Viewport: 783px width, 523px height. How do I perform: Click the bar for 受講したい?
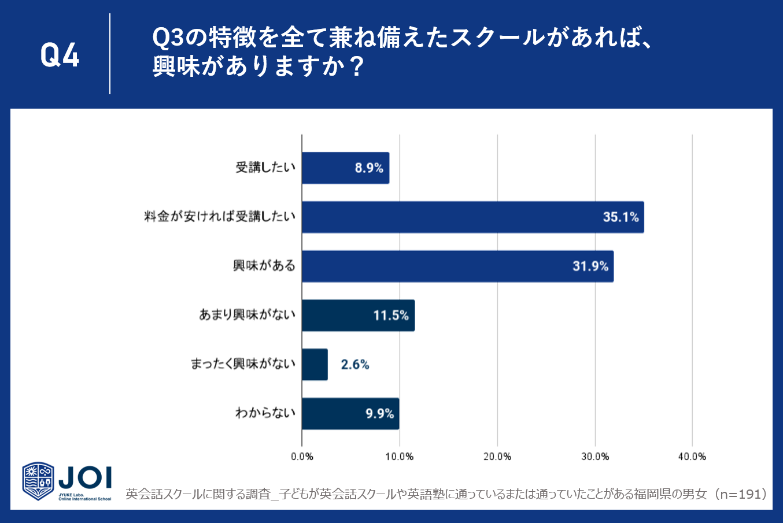pyautogui.click(x=346, y=168)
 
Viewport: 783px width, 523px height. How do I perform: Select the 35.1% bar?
pyautogui.click(x=473, y=217)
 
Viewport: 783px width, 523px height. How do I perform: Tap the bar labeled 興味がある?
pyautogui.click(x=457, y=266)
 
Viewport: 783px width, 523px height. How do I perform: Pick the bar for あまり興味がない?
pyautogui.click(x=359, y=315)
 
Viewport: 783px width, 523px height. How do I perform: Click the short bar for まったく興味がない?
pyautogui.click(x=315, y=365)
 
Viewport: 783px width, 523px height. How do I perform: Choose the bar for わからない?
pyautogui.click(x=350, y=414)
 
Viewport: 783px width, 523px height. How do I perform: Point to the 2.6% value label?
pyautogui.click(x=355, y=365)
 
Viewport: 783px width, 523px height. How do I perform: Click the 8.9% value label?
pyautogui.click(x=369, y=168)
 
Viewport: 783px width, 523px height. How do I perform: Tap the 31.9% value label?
pyautogui.click(x=590, y=266)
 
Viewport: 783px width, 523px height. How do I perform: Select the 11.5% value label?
pyautogui.click(x=391, y=316)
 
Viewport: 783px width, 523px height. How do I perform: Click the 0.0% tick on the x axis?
pyautogui.click(x=302, y=457)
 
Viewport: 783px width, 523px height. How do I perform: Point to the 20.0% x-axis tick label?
pyautogui.click(x=497, y=457)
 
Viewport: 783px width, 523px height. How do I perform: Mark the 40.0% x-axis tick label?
pyautogui.click(x=692, y=457)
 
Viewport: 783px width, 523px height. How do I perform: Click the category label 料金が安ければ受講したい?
pyautogui.click(x=220, y=217)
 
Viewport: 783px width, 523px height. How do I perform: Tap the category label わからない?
pyautogui.click(x=265, y=413)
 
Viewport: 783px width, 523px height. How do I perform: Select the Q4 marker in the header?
pyautogui.click(x=60, y=55)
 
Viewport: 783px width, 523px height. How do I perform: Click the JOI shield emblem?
pyautogui.click(x=38, y=481)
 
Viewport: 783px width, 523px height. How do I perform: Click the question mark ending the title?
pyautogui.click(x=357, y=66)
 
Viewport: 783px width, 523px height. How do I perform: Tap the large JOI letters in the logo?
pyautogui.click(x=85, y=477)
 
